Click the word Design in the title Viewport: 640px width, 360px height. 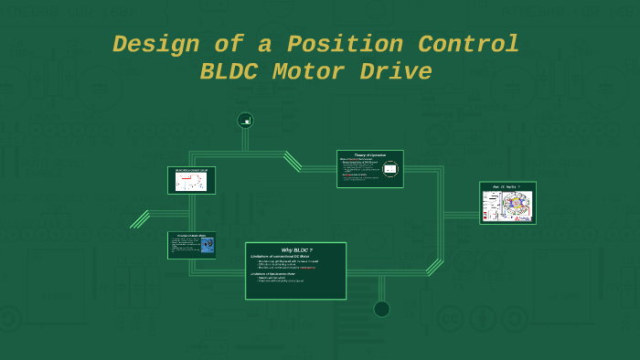149,44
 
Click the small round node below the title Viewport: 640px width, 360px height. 245,120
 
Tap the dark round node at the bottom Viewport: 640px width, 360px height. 381,309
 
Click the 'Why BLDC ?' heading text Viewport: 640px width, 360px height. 296,249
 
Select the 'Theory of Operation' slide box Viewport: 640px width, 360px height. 369,169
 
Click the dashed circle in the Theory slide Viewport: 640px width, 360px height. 390,169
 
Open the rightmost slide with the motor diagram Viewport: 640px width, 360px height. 507,203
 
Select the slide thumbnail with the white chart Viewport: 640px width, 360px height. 191,180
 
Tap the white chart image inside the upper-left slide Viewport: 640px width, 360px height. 191,182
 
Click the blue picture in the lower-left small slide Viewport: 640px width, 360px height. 208,245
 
